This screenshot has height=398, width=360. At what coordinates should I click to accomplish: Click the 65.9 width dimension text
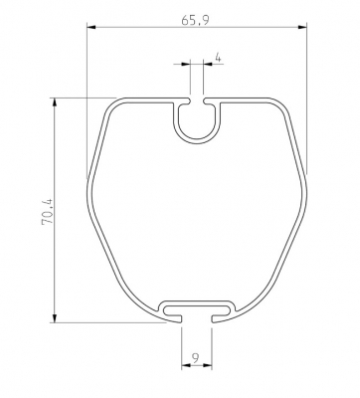click(196, 21)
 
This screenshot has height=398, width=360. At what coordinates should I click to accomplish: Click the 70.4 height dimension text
click(47, 212)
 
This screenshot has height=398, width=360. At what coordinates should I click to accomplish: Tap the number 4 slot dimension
click(218, 58)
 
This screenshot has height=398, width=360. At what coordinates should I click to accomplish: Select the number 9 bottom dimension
click(196, 357)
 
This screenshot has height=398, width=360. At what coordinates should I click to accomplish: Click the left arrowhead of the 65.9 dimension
click(91, 27)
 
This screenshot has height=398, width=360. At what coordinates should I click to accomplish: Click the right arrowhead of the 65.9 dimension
click(302, 27)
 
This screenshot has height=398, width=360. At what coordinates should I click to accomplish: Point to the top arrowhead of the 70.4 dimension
click(55, 102)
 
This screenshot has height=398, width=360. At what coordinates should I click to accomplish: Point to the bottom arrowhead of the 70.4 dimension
click(55, 317)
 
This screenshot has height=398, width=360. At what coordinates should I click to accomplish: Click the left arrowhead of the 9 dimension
click(186, 365)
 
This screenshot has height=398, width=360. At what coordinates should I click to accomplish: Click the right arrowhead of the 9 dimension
click(207, 365)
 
